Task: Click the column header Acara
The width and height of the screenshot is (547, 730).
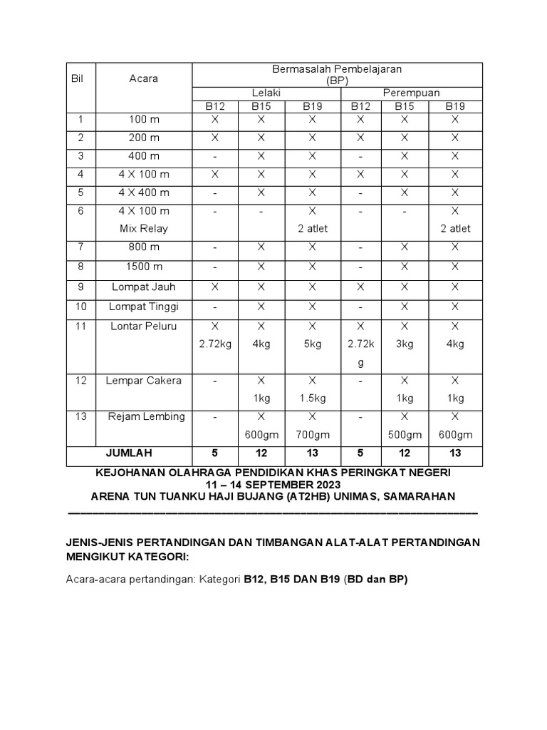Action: click(x=143, y=78)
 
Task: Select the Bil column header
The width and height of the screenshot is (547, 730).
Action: click(x=77, y=78)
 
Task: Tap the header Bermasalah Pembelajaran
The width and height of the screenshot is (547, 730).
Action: click(x=337, y=69)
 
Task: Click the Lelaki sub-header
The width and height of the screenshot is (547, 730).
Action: click(x=266, y=93)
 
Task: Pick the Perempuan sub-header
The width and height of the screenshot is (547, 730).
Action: click(x=411, y=93)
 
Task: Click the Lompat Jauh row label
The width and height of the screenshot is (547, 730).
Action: click(x=143, y=287)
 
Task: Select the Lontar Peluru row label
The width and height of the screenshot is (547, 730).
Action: click(x=143, y=326)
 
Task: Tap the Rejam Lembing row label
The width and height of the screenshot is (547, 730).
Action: click(x=146, y=416)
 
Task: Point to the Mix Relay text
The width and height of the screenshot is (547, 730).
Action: click(x=143, y=229)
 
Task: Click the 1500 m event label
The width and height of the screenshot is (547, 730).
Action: click(x=143, y=267)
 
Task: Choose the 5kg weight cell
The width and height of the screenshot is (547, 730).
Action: click(x=313, y=344)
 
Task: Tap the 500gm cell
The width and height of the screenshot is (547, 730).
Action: click(x=405, y=435)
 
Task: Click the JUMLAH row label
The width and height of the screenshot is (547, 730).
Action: click(x=129, y=453)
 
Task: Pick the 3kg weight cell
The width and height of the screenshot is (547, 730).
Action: click(x=405, y=344)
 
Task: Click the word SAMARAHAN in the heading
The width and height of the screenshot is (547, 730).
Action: click(x=420, y=496)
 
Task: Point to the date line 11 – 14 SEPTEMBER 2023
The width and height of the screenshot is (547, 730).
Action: click(x=273, y=485)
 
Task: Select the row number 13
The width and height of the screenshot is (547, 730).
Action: click(x=80, y=416)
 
